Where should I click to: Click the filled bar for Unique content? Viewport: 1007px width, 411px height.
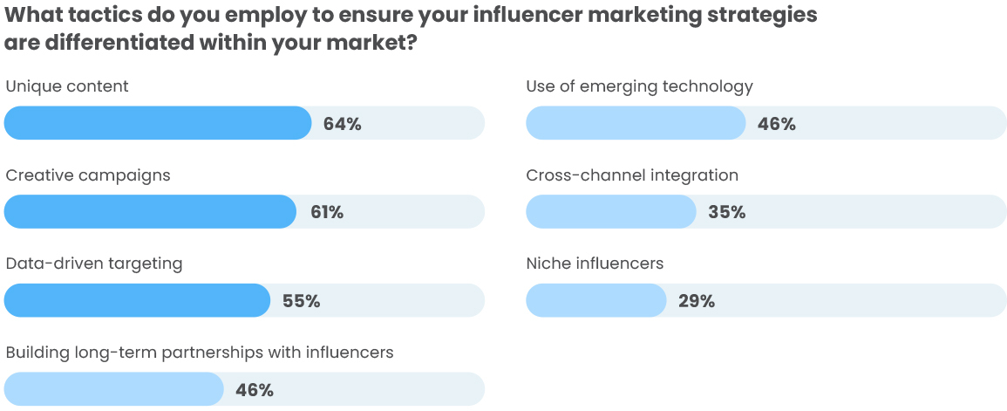(x=157, y=123)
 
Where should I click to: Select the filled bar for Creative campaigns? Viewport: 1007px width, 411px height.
(x=150, y=212)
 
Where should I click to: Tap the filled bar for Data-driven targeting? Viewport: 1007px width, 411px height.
(x=137, y=300)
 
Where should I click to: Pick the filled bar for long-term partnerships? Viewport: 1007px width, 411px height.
(x=113, y=389)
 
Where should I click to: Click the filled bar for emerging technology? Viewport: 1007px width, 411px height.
(x=636, y=123)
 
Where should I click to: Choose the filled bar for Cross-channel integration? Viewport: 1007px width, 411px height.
(x=610, y=212)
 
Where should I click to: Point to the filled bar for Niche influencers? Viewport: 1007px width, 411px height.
(x=596, y=300)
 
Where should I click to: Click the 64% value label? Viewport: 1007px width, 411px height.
(x=342, y=124)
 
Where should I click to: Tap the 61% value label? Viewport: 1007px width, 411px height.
(x=327, y=213)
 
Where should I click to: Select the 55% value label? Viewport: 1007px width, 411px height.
(x=301, y=302)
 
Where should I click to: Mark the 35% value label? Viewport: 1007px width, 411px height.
(x=726, y=213)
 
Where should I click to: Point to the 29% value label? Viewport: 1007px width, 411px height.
(x=697, y=302)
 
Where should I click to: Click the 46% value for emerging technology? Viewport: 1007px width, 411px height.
(x=776, y=124)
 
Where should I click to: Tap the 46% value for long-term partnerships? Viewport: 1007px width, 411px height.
(x=255, y=390)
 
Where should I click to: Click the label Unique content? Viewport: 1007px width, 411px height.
(x=67, y=86)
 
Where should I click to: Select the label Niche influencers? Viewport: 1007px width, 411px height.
(x=595, y=263)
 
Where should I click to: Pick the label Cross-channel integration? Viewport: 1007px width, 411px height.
(x=632, y=175)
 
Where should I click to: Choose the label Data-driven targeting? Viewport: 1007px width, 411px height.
(x=94, y=264)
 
